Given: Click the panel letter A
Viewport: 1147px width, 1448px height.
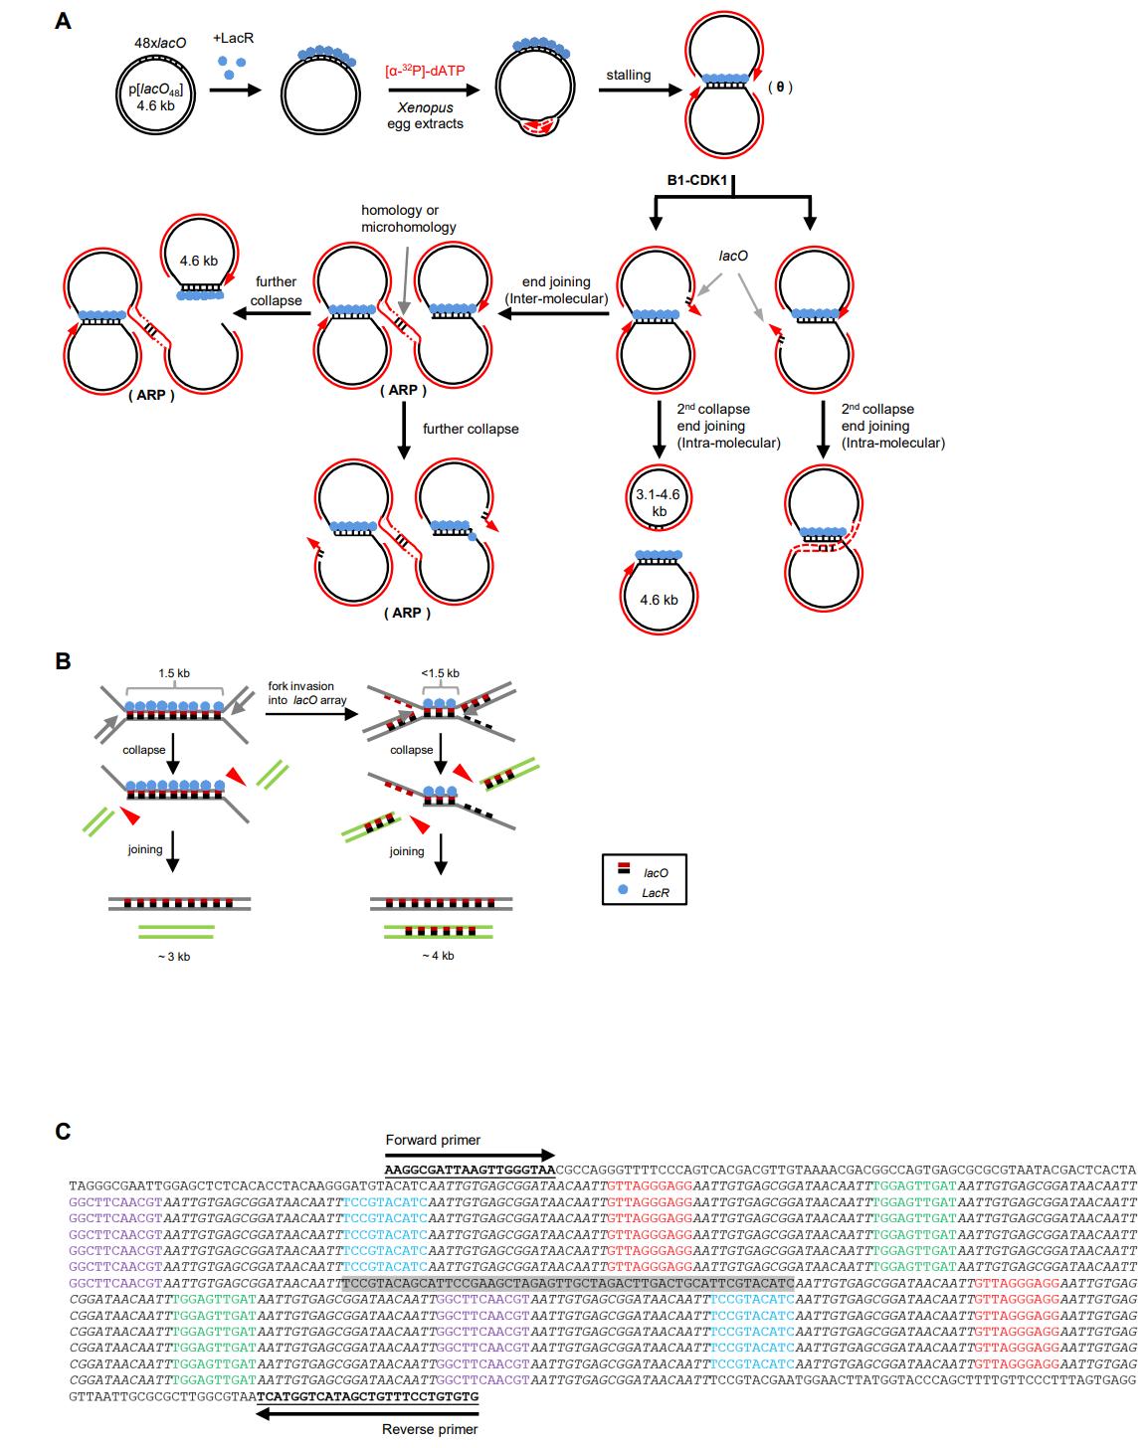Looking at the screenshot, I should [x=63, y=20].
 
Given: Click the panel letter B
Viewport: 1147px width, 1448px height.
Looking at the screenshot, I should [x=63, y=660].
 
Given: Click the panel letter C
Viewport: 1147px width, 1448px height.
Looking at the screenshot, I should [x=63, y=1131].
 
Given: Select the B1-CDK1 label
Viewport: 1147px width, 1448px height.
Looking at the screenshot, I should [x=700, y=181].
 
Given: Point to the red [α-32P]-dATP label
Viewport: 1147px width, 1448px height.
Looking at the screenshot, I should [x=425, y=71].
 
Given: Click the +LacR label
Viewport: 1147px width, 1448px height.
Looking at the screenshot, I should [x=234, y=38].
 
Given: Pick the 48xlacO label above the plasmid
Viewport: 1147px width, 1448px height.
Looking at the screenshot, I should [x=160, y=44].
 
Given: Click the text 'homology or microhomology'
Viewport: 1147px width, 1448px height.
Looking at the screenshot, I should [x=408, y=219].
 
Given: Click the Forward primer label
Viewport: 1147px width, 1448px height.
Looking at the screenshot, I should [x=433, y=1140].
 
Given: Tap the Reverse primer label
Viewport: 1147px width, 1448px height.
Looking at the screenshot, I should [x=430, y=1429].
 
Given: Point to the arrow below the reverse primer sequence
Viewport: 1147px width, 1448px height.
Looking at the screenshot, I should [x=368, y=1412].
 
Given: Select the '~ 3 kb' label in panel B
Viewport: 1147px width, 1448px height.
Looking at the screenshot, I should [x=175, y=956].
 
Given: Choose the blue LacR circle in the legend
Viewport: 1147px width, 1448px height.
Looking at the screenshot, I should [x=623, y=891].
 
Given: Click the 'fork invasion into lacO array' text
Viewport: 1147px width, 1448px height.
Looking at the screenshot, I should [x=304, y=693].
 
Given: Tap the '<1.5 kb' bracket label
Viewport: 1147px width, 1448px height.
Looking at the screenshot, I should [x=441, y=673].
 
